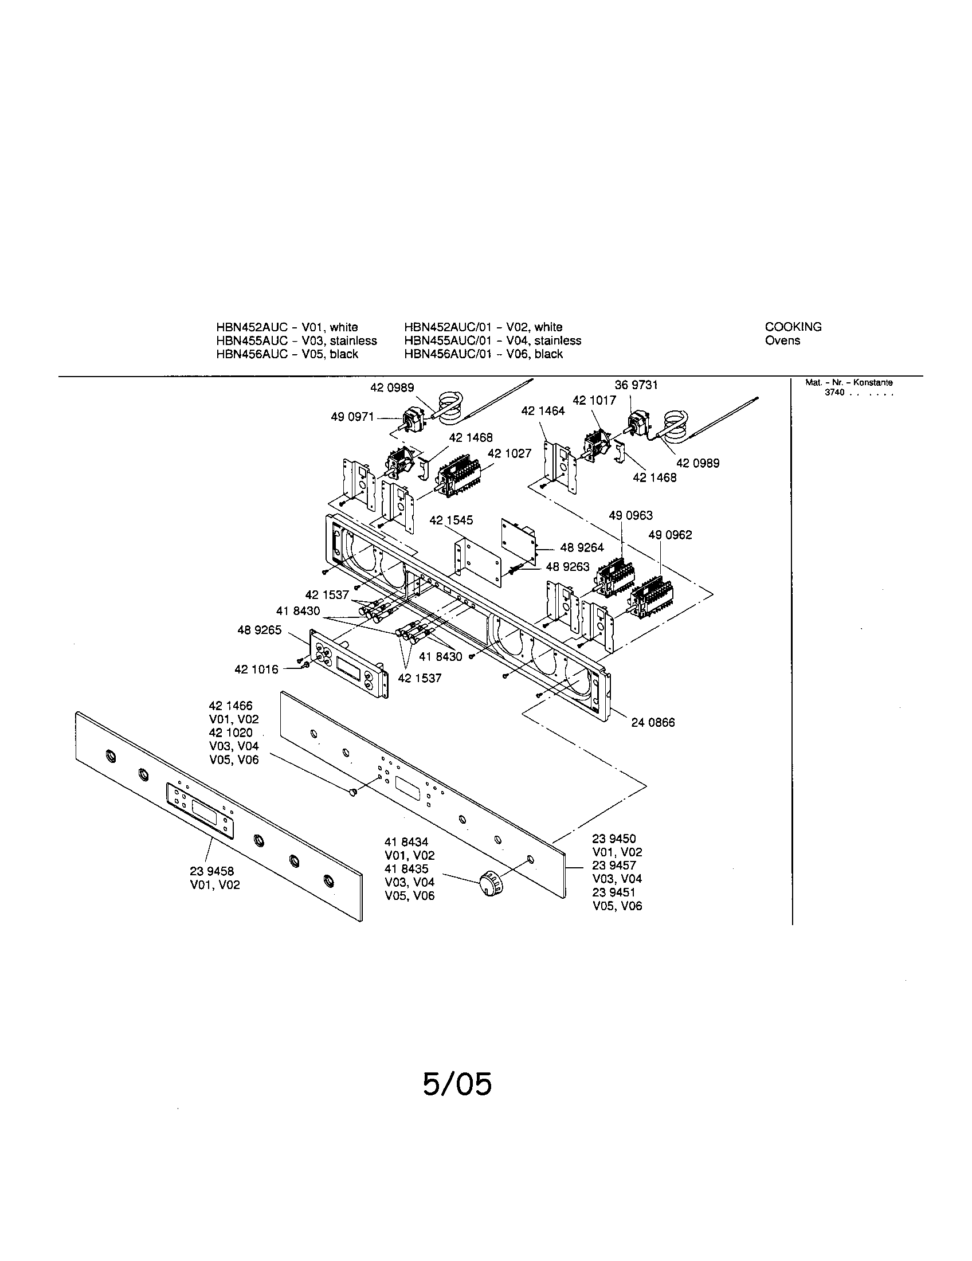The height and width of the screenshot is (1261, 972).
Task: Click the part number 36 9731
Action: coord(636,385)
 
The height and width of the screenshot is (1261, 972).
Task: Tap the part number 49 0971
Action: coord(352,417)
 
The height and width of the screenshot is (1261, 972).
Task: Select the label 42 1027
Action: coord(509,453)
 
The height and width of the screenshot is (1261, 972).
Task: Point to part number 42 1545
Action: coord(451,520)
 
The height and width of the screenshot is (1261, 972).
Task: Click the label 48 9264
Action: coord(582,548)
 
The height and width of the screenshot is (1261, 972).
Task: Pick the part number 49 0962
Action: coord(670,535)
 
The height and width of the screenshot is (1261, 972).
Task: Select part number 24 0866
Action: coord(653,722)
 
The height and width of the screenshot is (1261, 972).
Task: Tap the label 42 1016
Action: coord(256,669)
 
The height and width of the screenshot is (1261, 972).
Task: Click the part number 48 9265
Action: coord(260,630)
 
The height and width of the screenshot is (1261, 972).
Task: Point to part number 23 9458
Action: coord(212,871)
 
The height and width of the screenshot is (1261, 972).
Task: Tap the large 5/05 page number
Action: coord(457,1084)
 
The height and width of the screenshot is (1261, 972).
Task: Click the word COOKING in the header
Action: coord(793,327)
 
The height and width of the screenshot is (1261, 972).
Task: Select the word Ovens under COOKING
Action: coord(782,340)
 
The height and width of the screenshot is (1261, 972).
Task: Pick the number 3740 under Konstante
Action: coord(834,393)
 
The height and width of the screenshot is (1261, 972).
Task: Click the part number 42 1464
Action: coord(543,411)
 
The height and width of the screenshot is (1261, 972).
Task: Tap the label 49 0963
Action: coord(631,516)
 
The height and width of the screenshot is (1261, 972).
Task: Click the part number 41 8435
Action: coord(407,869)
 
